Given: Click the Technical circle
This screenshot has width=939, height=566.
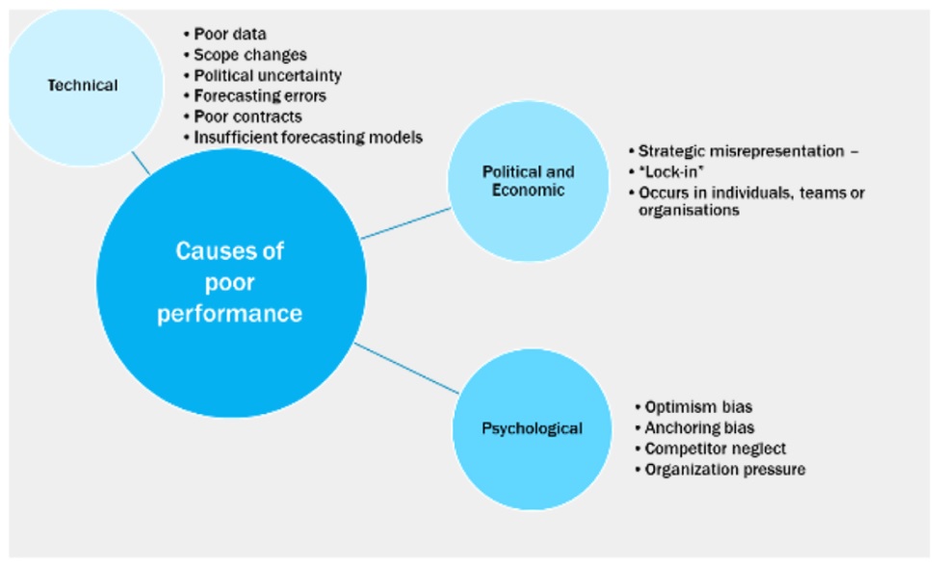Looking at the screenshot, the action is pos(83,86).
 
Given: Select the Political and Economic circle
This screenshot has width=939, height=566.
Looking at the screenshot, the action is pos(528,181).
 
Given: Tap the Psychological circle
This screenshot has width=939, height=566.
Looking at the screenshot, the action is pos(532,429).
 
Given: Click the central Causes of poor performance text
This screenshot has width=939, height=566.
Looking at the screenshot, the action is pos(230,282).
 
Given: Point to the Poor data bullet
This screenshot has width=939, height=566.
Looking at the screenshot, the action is pos(225,34).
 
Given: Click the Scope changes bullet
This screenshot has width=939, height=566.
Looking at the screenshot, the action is pos(246,55).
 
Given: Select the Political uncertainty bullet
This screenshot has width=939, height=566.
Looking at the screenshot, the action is pos(263,75).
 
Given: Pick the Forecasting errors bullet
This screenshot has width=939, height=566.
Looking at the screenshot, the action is pos(255,95).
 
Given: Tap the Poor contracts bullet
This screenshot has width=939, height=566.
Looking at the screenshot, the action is pos(243,116).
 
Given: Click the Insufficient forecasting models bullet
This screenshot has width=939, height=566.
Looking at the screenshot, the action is pos(303,138).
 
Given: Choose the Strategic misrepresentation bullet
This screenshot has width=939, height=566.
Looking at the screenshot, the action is pos(743,151).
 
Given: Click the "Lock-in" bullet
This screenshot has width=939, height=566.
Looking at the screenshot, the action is pos(665,171).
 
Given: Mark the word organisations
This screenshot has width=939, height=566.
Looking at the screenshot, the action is pos(689,210).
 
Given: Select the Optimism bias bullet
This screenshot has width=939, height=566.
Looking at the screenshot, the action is pos(693,407).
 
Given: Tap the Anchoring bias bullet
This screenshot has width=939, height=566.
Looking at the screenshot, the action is pos(694,427).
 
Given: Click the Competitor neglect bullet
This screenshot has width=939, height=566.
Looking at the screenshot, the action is pos(710,449).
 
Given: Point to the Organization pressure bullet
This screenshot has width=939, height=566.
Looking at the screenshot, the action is pos(719,469).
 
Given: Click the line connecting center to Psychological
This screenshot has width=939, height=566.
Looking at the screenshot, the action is pos(406,369).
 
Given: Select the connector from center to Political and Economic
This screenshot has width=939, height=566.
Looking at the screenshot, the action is pos(406,223).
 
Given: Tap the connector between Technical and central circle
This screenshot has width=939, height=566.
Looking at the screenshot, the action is pos(141,163).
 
